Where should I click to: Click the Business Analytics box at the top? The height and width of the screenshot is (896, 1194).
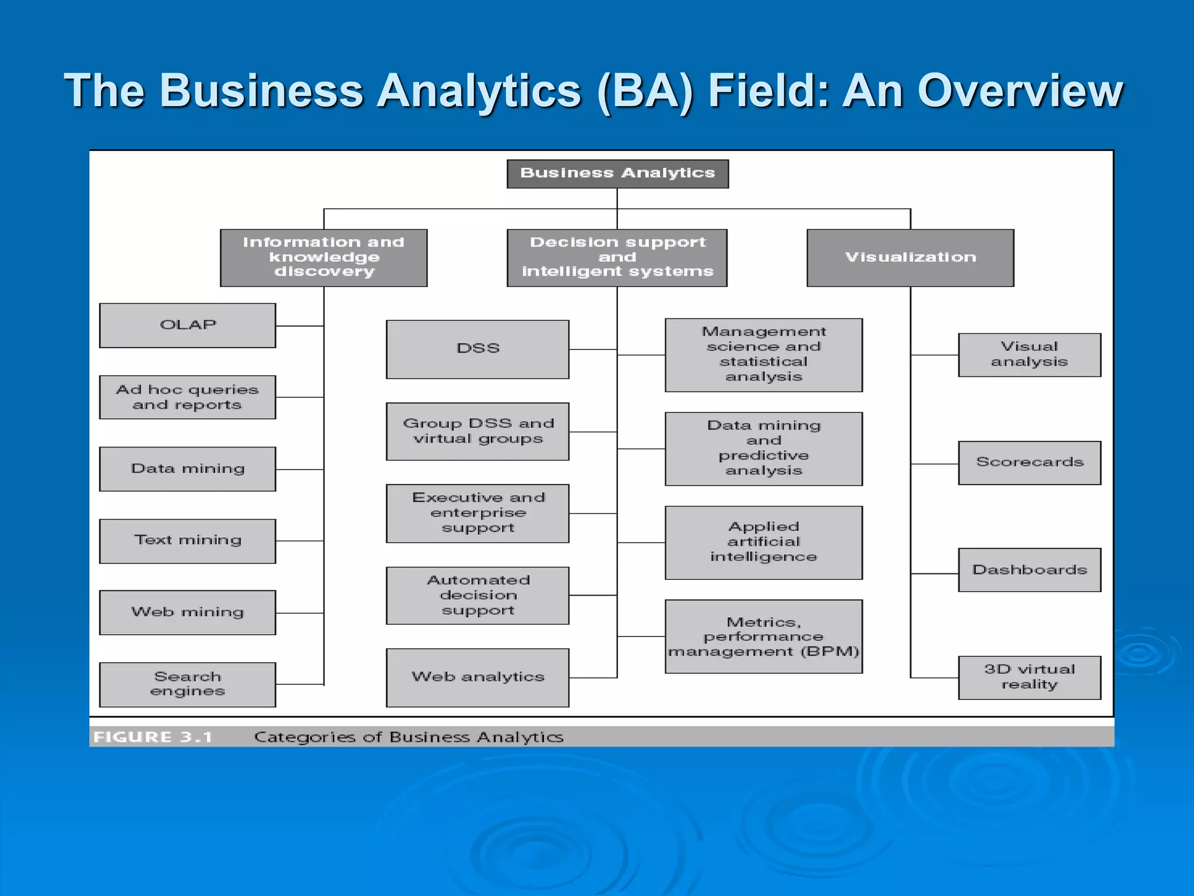pos(617,174)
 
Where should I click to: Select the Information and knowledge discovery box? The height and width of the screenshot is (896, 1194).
pos(324,257)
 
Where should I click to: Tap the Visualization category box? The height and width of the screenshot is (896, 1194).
pos(910,257)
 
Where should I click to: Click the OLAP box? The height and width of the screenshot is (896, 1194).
pos(188,325)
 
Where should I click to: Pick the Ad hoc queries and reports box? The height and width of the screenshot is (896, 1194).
pos(188,397)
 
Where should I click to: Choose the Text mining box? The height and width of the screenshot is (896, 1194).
pos(188,541)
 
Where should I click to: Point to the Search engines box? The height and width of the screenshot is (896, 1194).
pos(188,684)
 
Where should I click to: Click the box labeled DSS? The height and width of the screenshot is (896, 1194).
pos(477,349)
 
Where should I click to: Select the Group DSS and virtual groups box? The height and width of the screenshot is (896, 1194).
pos(477,431)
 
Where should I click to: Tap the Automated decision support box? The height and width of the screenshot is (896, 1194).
pos(477,595)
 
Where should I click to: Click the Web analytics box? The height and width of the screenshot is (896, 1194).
pos(477,677)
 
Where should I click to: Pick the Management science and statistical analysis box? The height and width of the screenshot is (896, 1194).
pos(763,355)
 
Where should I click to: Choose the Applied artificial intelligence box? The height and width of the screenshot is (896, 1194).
pos(763,542)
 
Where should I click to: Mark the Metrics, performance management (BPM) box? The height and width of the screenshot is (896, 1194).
pos(763,636)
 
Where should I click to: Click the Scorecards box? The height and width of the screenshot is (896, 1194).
pos(1030,463)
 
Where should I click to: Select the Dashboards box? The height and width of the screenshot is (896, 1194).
pos(1030,570)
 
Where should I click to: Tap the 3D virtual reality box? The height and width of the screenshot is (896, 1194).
pos(1030,677)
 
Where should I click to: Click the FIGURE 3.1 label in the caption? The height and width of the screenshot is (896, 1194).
pos(153,737)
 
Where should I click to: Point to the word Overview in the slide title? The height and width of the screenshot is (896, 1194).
pos(1020,91)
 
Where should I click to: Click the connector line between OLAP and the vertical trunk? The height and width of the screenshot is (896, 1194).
pos(300,326)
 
